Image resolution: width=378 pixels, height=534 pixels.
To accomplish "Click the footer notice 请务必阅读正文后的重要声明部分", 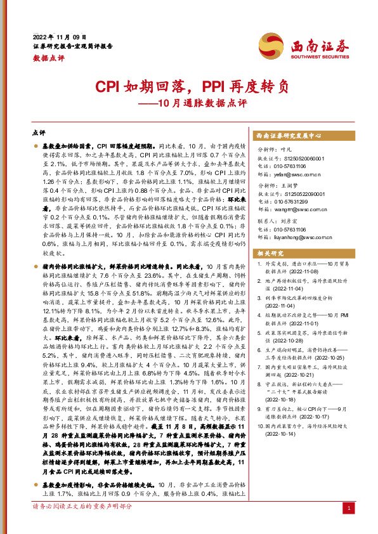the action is click(82, 507).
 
